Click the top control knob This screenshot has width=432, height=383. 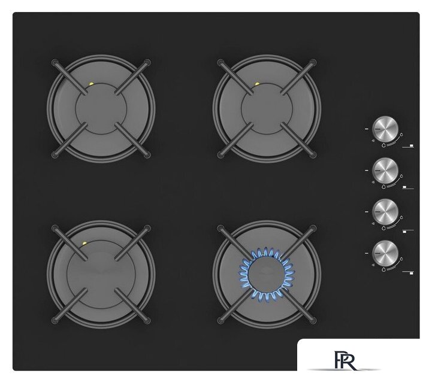(385, 129)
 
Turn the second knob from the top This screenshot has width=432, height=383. (385, 171)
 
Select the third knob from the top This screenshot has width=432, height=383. (385, 212)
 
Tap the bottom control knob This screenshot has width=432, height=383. (385, 253)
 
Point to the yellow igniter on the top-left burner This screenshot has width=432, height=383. (91, 84)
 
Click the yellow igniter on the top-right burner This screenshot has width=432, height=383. (257, 84)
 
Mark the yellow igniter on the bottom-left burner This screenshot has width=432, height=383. (84, 244)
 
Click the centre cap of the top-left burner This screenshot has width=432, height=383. (101, 109)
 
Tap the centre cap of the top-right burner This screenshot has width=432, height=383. (267, 109)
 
